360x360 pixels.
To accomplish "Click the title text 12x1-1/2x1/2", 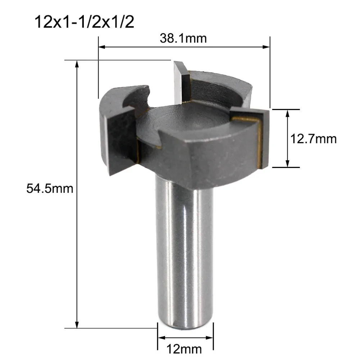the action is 84,22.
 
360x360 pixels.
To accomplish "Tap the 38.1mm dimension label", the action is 183,38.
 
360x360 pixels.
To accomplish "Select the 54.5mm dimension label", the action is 50,188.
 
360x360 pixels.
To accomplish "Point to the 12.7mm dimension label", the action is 313,139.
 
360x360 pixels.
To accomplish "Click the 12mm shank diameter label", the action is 184,349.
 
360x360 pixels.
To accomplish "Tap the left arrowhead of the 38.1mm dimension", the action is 102,47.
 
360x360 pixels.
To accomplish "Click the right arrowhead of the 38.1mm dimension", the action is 266,47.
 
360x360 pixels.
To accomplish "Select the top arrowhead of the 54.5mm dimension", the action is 77,64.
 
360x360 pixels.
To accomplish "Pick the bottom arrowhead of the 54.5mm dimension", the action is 77,325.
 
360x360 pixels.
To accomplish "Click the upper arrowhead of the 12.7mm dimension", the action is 287,113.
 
